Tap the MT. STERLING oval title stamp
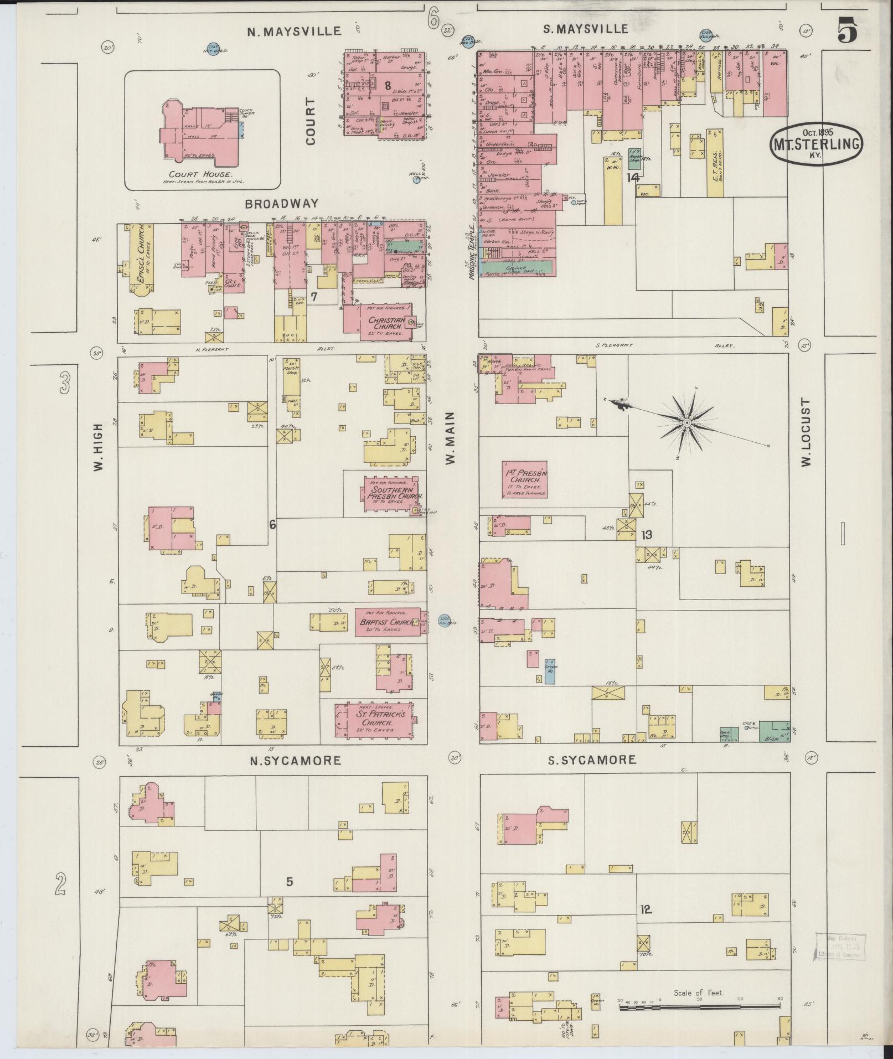[816, 144]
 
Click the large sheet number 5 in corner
[847, 30]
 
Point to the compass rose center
[686, 422]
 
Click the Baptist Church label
[386, 623]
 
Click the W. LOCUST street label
[806, 432]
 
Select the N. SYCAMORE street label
[295, 761]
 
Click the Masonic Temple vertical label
[473, 252]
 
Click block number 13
[646, 535]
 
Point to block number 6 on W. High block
[272, 524]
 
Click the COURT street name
[310, 121]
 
